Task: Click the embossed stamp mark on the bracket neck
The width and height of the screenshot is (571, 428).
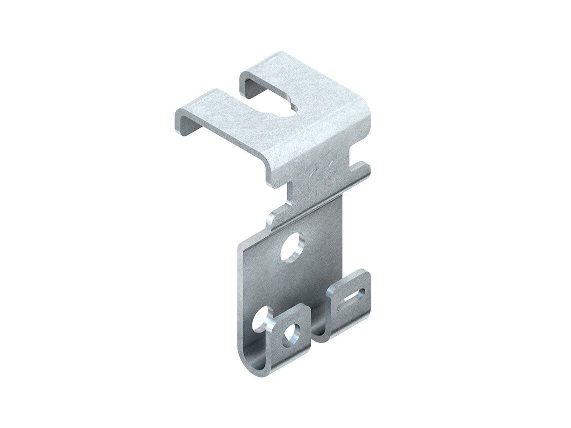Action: pyautogui.click(x=324, y=178)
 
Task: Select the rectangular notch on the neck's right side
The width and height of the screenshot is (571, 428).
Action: pyautogui.click(x=361, y=165)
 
